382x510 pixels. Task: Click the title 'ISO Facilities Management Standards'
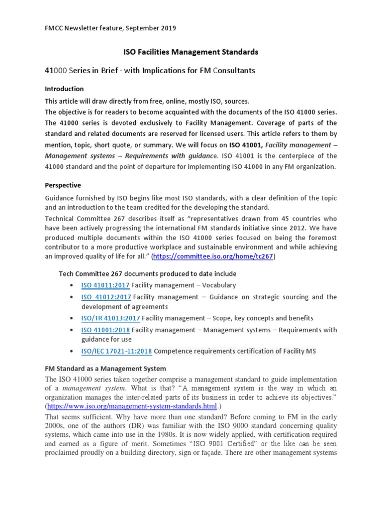191,52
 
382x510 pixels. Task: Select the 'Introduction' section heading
64,89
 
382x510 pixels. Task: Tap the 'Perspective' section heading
63,185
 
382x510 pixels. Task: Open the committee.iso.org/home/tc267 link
213,256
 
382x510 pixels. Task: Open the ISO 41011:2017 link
105,285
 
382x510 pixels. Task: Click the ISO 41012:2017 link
105,297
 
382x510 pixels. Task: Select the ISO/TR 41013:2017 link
110,318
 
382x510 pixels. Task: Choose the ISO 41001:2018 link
105,330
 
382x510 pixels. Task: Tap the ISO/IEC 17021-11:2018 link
116,351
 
